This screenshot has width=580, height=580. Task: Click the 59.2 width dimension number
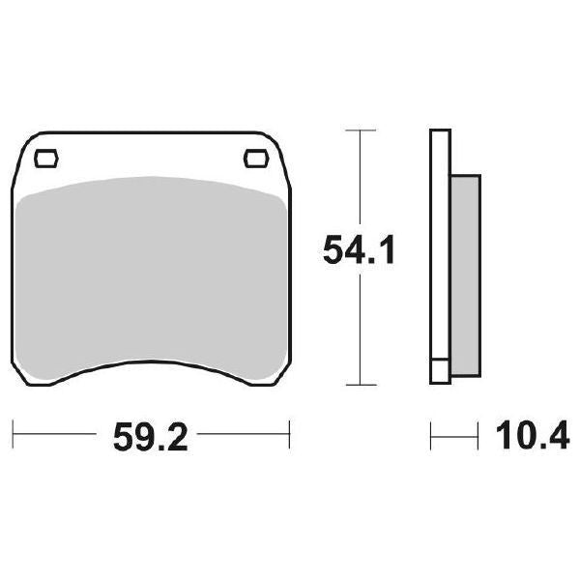151,437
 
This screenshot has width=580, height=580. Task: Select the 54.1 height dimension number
359,250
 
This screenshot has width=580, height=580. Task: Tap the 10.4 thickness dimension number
533,435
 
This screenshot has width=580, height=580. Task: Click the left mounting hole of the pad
46,159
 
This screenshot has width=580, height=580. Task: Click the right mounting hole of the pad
255,159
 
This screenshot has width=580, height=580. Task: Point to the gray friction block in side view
466,275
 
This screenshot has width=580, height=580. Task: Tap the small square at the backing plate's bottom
440,371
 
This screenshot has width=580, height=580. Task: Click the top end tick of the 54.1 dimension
361,130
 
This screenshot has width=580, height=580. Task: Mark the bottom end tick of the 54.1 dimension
361,385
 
